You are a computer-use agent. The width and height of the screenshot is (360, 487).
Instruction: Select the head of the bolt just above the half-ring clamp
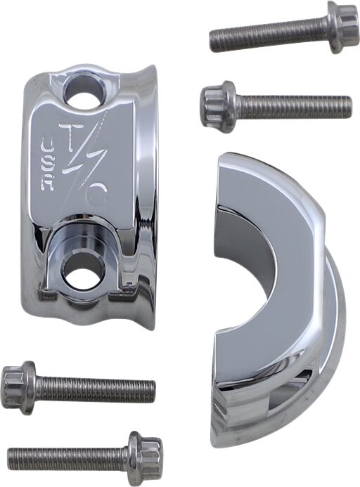(217, 107)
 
